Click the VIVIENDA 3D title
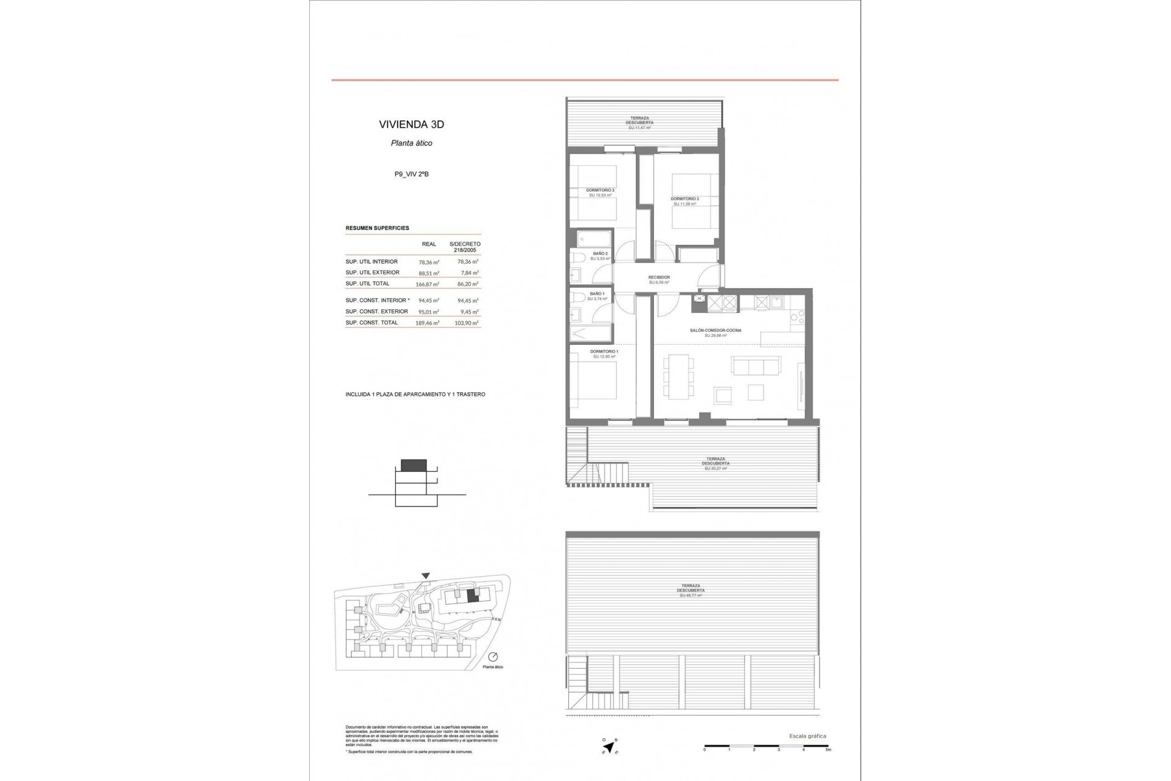(x=411, y=124)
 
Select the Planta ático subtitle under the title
(x=411, y=143)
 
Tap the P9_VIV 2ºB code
(x=411, y=174)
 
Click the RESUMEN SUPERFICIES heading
(x=377, y=228)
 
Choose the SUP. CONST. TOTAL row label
(x=371, y=323)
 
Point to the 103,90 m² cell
(x=468, y=323)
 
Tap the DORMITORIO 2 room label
(x=600, y=190)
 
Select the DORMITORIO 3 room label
(x=684, y=199)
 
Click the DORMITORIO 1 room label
(x=604, y=351)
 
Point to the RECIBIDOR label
(x=659, y=278)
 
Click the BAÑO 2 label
(x=600, y=253)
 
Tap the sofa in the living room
(x=756, y=366)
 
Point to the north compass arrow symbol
(x=607, y=745)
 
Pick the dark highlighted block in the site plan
(x=473, y=596)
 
